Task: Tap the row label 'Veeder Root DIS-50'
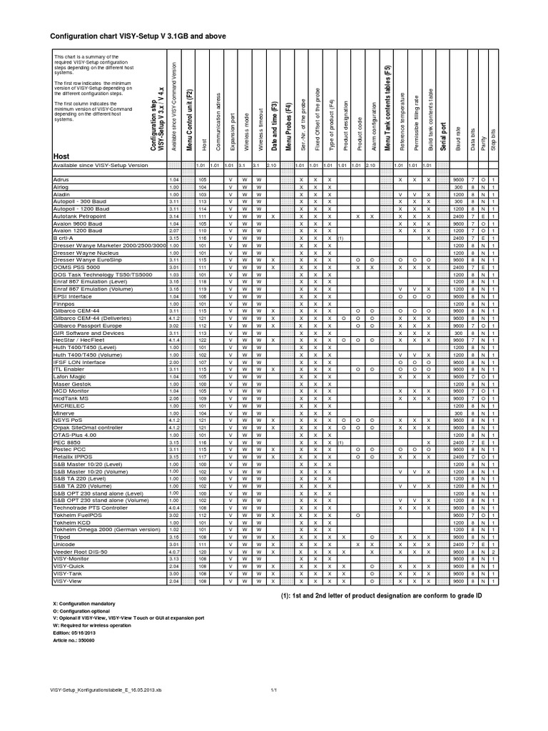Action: coord(79,571)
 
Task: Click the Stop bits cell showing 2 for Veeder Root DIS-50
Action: coord(494,571)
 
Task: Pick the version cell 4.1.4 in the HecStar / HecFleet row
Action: coord(173,340)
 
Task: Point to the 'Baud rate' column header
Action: coord(458,135)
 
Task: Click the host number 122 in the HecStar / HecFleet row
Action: coord(203,340)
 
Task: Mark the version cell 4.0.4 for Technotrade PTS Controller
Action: coord(173,526)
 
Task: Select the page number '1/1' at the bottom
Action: coord(273,690)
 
